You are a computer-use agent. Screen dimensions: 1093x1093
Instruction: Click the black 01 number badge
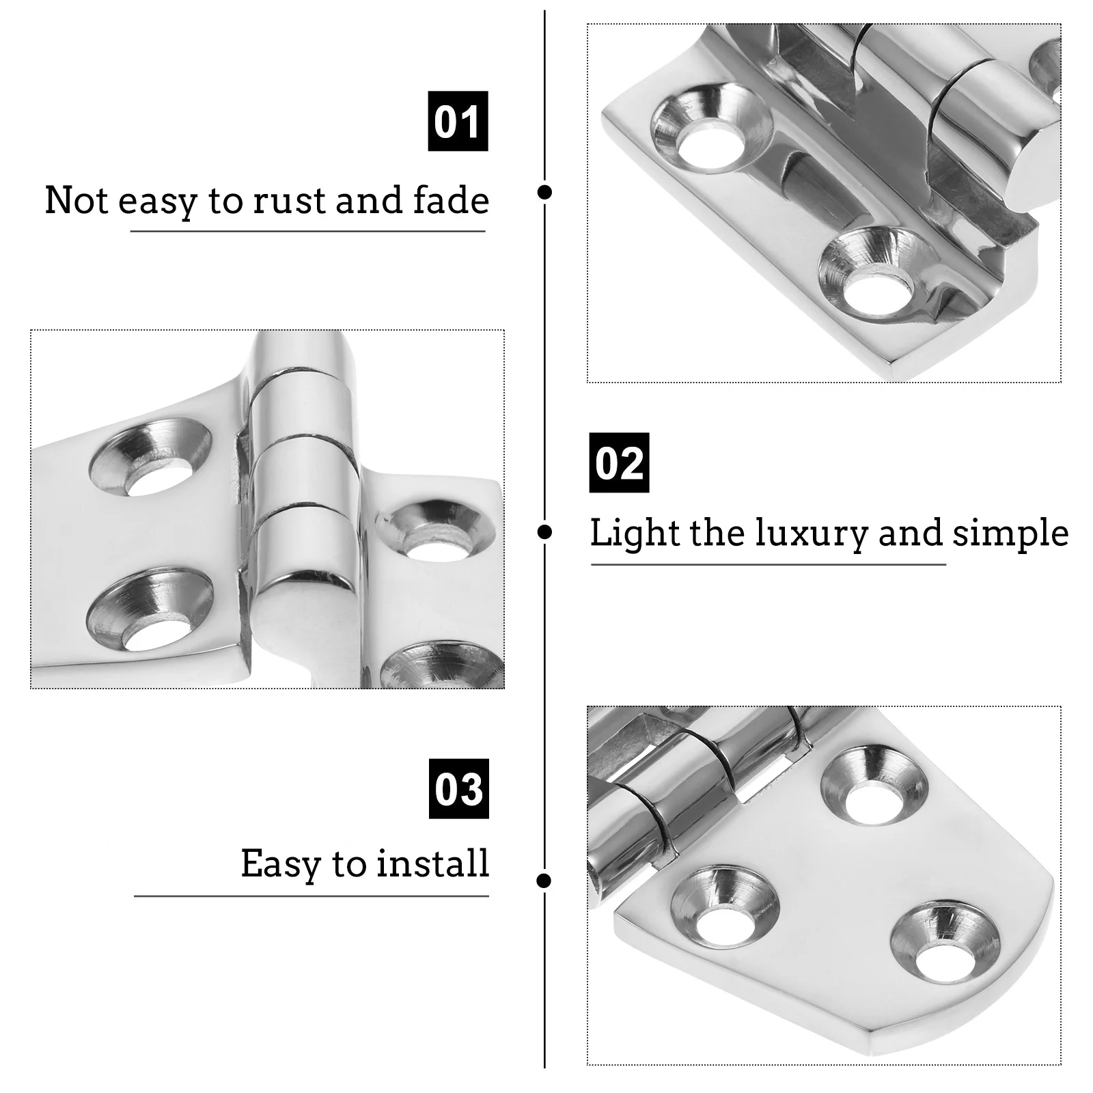458,121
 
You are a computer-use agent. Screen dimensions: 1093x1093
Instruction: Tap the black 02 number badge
619,462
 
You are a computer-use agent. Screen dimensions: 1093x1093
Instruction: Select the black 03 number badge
458,788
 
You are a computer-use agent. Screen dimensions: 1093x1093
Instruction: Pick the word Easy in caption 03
280,864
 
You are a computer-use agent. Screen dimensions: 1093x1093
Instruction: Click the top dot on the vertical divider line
544,192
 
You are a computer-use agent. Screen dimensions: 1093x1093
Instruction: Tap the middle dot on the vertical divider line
544,532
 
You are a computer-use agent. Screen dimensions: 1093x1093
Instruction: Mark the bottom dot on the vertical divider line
544,881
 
